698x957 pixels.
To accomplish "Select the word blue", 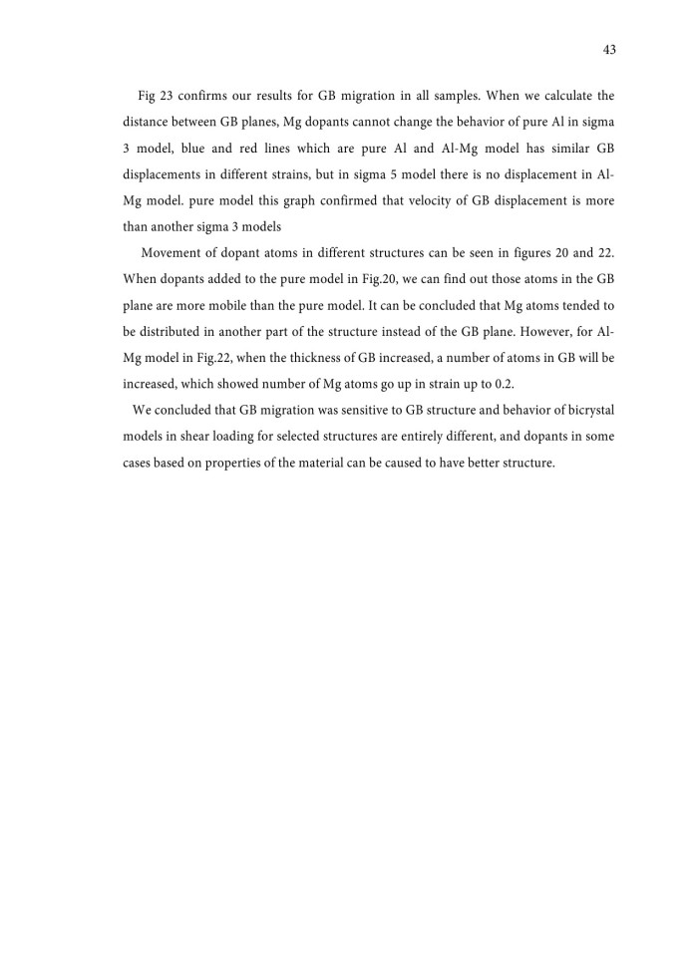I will tap(164, 149).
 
